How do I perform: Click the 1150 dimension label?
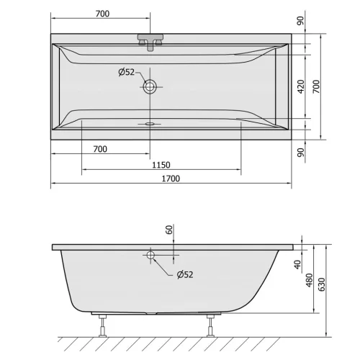point(161,165)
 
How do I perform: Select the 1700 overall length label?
point(171,179)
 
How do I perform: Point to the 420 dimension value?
point(301,86)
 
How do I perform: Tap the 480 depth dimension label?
point(310,280)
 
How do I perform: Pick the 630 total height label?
point(321,284)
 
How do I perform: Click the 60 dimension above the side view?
point(169,230)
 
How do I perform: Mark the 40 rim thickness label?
point(297,265)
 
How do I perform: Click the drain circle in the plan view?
point(150,86)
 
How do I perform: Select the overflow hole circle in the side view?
point(150,255)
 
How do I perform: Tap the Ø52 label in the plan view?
point(127,72)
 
